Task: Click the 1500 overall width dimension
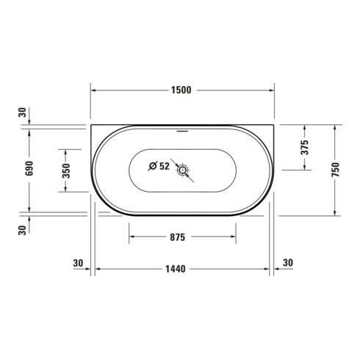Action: [x=181, y=90]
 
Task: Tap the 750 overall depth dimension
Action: [x=335, y=170]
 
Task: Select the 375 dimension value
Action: [x=305, y=147]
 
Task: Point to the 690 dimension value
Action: [x=29, y=168]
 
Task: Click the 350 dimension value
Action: [x=66, y=170]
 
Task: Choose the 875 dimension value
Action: [x=178, y=237]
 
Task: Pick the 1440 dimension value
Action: [x=176, y=269]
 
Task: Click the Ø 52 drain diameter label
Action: [x=159, y=166]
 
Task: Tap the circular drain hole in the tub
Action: [x=182, y=170]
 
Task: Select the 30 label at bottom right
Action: [x=288, y=263]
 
